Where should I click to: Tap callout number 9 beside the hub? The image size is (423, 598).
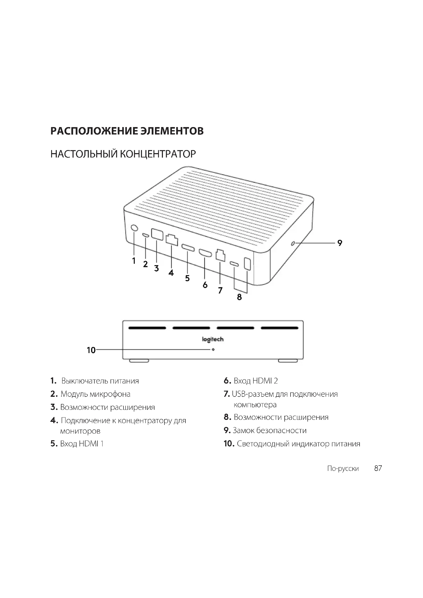pyautogui.click(x=340, y=243)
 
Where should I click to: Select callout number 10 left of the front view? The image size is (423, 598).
pyautogui.click(x=91, y=350)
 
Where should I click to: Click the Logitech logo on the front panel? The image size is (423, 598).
pyautogui.click(x=213, y=339)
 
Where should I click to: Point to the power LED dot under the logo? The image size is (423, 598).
pyautogui.click(x=213, y=349)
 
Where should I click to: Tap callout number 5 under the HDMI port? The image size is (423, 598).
pyautogui.click(x=187, y=278)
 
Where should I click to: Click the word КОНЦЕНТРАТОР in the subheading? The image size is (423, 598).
pyautogui.click(x=158, y=154)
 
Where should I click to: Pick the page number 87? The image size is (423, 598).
pyautogui.click(x=378, y=468)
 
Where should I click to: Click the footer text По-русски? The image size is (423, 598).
pyautogui.click(x=343, y=469)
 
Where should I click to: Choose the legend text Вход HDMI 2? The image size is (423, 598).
pyautogui.click(x=255, y=381)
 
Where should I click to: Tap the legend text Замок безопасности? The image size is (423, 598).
pyautogui.click(x=269, y=430)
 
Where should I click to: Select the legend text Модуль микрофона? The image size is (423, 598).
pyautogui.click(x=95, y=394)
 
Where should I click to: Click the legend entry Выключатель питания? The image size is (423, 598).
pyautogui.click(x=100, y=381)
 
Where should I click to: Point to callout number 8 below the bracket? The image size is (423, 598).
pyautogui.click(x=239, y=297)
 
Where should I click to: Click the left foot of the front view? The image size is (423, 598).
pyautogui.click(x=139, y=361)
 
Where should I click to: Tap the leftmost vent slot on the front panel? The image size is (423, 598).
pyautogui.click(x=147, y=328)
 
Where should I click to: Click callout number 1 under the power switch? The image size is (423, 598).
pyautogui.click(x=134, y=261)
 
